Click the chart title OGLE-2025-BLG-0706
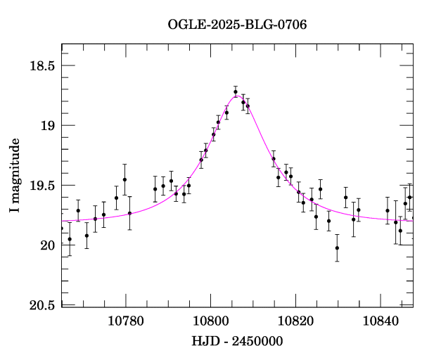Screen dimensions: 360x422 click(x=237, y=25)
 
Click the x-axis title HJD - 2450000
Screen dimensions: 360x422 click(x=237, y=341)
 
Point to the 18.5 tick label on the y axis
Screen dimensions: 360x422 click(x=43, y=66)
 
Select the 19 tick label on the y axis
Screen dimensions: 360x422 click(x=49, y=126)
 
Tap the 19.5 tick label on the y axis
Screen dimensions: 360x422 click(x=43, y=186)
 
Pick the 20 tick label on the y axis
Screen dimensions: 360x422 click(x=49, y=245)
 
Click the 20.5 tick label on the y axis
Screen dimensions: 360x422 click(x=43, y=305)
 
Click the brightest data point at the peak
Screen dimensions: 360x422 click(x=236, y=91)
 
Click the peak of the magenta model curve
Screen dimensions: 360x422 click(x=237, y=96)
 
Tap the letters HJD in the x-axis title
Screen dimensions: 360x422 click(x=204, y=341)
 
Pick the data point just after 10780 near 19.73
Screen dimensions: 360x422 click(x=129, y=213)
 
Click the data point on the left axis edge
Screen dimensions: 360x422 click(x=62, y=229)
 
